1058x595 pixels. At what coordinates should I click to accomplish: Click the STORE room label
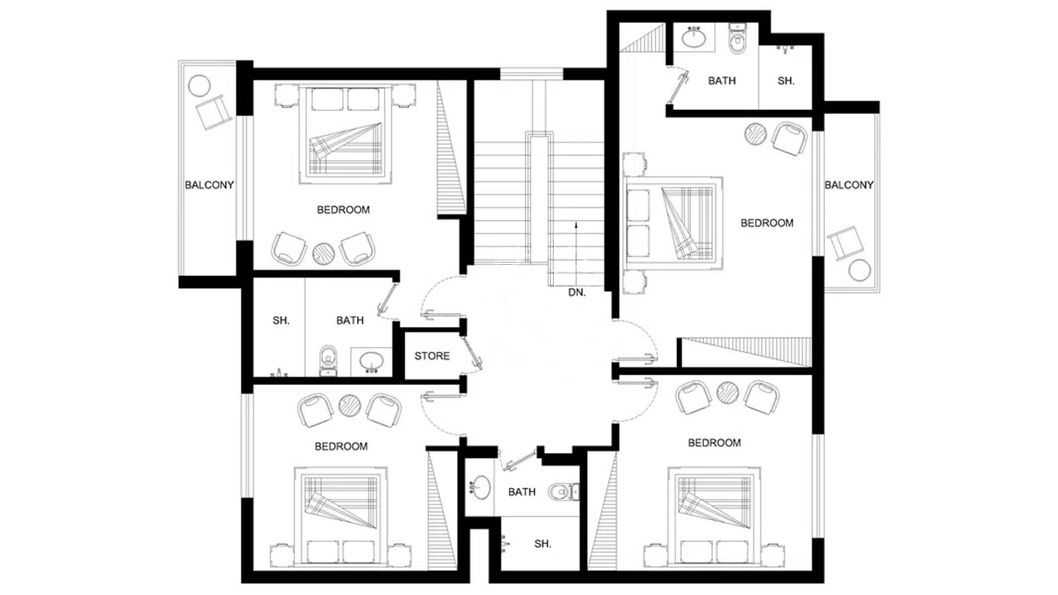[x=431, y=356]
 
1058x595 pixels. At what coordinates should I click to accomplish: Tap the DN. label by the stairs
[x=577, y=293]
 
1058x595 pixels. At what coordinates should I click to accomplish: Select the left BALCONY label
[x=209, y=185]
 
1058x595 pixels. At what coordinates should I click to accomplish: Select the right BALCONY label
[x=849, y=185]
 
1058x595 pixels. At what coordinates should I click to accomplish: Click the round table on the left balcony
[x=199, y=86]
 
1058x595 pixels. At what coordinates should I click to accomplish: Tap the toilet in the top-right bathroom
[x=737, y=39]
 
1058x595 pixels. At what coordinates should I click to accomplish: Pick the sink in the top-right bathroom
[x=694, y=37]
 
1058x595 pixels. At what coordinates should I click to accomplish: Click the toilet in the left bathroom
[x=328, y=360]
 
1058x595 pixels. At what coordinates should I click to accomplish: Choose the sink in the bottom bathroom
[x=480, y=487]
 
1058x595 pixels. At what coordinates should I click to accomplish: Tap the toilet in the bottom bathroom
[x=563, y=492]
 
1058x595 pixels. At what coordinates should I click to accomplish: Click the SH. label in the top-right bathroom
[x=786, y=81]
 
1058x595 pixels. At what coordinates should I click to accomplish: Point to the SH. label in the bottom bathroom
[x=543, y=544]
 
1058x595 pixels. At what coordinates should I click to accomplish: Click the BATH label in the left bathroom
[x=350, y=321]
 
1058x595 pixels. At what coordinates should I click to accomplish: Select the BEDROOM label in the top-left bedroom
[x=343, y=210]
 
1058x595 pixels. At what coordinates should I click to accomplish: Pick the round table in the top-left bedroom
[x=324, y=253]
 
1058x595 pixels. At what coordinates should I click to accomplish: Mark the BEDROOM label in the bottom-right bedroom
[x=714, y=443]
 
